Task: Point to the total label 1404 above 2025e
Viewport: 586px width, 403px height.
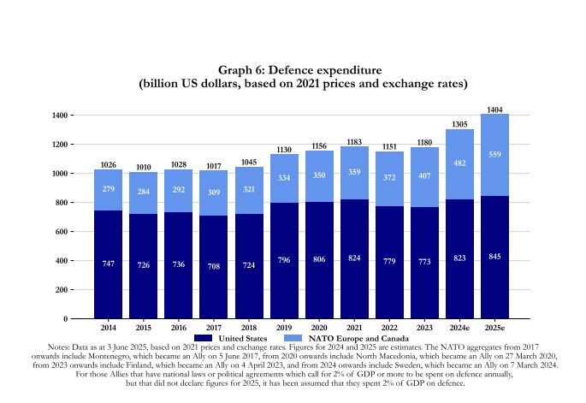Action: tap(494, 110)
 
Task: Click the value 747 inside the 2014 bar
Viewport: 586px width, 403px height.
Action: tap(109, 264)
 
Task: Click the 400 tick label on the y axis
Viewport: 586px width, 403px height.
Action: tap(62, 261)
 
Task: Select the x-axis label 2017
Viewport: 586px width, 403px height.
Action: tap(214, 327)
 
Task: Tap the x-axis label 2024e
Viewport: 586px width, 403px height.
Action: tap(459, 327)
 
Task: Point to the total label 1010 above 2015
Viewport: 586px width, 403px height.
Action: tap(144, 168)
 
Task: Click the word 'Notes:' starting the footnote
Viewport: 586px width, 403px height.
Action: tap(62, 347)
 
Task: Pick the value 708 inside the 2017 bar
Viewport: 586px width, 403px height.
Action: tap(214, 267)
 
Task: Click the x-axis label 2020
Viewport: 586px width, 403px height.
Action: tap(319, 327)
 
